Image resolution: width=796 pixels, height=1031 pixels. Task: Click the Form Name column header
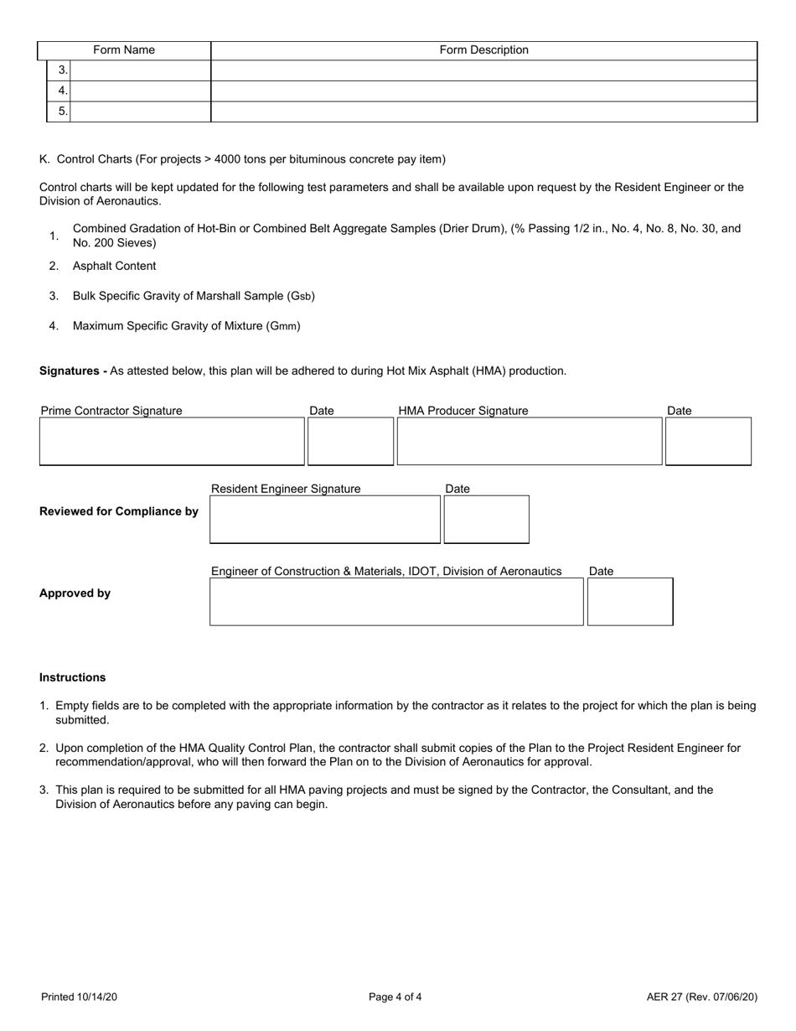coord(124,50)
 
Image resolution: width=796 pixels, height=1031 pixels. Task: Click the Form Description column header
coord(483,50)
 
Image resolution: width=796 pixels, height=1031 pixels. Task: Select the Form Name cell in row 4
coord(140,91)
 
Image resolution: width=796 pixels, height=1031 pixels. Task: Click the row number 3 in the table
coord(62,70)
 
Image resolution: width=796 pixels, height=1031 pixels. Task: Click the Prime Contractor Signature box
coord(172,441)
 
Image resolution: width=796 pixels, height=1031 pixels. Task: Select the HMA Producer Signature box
coord(530,441)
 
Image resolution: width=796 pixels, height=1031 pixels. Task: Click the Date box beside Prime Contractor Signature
coord(350,441)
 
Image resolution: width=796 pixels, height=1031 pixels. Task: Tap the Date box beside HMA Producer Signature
coord(708,441)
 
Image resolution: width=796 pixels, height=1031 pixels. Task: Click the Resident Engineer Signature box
coord(325,520)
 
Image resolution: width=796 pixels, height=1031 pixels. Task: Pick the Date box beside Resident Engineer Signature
coord(486,520)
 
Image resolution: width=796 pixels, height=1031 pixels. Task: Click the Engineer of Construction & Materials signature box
coord(396,601)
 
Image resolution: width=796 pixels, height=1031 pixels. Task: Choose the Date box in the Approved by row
coord(630,601)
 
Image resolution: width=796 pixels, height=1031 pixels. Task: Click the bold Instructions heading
coord(73,677)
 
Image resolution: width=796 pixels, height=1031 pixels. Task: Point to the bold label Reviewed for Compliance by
coord(119,512)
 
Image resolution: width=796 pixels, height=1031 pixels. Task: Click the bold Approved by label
coord(75,593)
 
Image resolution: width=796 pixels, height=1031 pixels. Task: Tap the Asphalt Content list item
coord(114,266)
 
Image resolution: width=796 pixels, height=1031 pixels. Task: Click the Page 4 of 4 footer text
coord(395,997)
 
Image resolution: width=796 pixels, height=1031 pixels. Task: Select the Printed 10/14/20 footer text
coord(79,997)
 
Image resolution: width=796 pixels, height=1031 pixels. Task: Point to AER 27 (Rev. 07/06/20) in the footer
coord(702,997)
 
